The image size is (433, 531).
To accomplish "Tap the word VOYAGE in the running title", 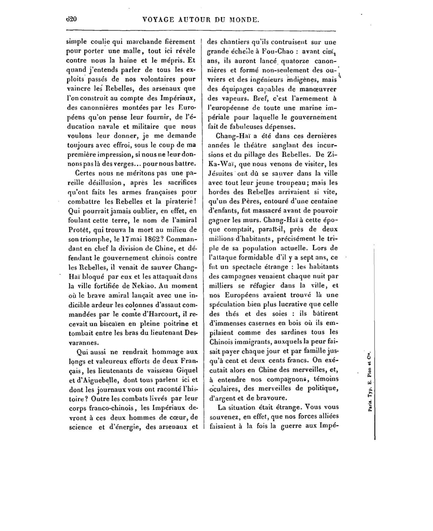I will coord(158,20).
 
